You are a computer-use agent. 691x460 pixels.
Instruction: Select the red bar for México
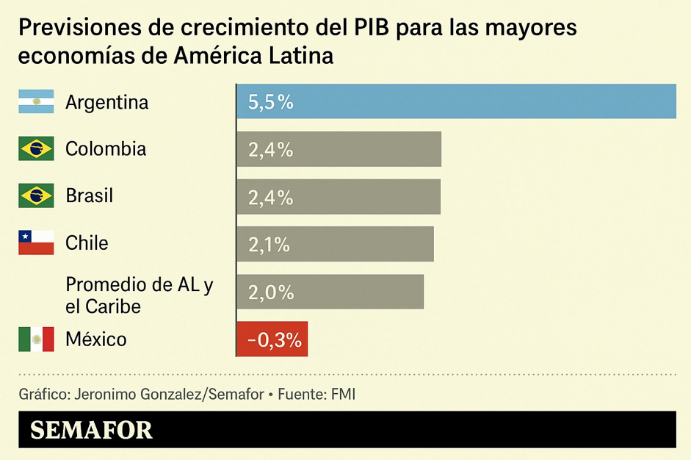pyautogui.click(x=272, y=339)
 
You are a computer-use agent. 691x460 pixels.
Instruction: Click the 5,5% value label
pyautogui.click(x=270, y=102)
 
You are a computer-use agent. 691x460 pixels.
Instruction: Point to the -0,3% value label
pyautogui.click(x=274, y=339)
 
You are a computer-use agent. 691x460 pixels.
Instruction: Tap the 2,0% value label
pyautogui.click(x=270, y=292)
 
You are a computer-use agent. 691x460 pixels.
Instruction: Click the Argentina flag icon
pyautogui.click(x=36, y=101)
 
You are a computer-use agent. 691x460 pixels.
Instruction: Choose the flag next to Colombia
pyautogui.click(x=36, y=149)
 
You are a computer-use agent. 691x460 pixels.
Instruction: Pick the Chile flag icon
pyautogui.click(x=36, y=243)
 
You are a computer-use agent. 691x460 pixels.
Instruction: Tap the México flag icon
pyautogui.click(x=36, y=339)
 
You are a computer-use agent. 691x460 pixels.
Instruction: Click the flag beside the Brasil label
pyautogui.click(x=36, y=196)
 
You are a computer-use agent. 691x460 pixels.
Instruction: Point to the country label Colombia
pyautogui.click(x=106, y=149)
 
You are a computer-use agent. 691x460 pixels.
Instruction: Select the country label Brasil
pyautogui.click(x=89, y=196)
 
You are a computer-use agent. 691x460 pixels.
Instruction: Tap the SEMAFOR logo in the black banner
pyautogui.click(x=91, y=430)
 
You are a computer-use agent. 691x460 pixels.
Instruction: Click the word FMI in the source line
pyautogui.click(x=343, y=394)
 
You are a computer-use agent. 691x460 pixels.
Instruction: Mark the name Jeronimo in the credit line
pyautogui.click(x=100, y=394)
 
